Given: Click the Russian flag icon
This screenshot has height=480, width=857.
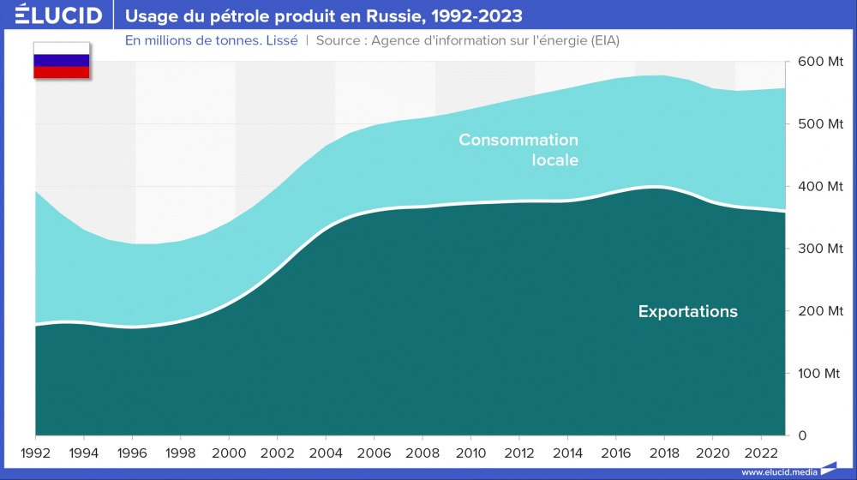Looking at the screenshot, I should pyautogui.click(x=61, y=61).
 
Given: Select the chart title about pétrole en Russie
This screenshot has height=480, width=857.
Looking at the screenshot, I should pyautogui.click(x=324, y=15).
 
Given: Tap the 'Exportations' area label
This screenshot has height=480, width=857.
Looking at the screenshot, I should pyautogui.click(x=687, y=312).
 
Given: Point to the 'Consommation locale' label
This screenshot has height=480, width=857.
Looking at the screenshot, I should pyautogui.click(x=518, y=150).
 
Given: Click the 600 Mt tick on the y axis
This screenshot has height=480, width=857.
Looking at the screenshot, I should pyautogui.click(x=820, y=62).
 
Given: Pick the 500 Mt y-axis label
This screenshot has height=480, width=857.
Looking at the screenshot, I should pyautogui.click(x=820, y=124).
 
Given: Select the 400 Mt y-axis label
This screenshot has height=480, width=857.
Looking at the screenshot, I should pyautogui.click(x=820, y=187).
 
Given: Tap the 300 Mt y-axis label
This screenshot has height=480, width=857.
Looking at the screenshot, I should pyautogui.click(x=820, y=249).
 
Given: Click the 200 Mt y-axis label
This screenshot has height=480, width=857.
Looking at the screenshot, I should pyautogui.click(x=820, y=311).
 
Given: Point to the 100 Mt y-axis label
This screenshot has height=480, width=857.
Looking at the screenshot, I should pyautogui.click(x=820, y=374).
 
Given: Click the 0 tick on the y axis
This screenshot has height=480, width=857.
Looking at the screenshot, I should pyautogui.click(x=802, y=435).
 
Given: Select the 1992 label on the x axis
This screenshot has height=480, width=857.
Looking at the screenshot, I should pyautogui.click(x=35, y=452).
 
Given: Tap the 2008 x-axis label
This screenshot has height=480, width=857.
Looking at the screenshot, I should pyautogui.click(x=423, y=452).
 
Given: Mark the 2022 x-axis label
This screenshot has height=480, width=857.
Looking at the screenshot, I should pyautogui.click(x=761, y=452).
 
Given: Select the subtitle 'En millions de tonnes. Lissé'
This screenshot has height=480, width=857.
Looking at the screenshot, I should pyautogui.click(x=212, y=41).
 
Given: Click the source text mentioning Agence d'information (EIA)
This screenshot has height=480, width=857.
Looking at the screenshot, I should pyautogui.click(x=467, y=41).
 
